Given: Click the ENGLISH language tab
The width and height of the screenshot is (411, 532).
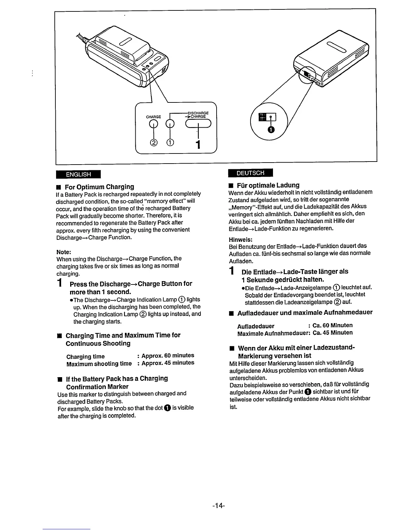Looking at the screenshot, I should (78, 174).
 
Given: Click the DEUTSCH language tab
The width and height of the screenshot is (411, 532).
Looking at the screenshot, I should (250, 173).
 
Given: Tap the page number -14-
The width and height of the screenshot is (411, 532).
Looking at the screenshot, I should (218, 505).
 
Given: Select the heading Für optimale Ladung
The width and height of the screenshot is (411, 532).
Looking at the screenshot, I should (268, 185).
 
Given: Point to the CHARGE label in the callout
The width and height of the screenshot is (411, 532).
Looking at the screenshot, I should (153, 117).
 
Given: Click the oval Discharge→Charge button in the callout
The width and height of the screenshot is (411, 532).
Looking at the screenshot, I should (198, 124).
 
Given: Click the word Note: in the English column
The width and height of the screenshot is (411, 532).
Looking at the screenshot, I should (64, 252).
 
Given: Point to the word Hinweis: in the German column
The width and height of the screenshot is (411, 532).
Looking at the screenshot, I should (240, 239).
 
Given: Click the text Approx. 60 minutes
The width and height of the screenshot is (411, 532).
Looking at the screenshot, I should (168, 355).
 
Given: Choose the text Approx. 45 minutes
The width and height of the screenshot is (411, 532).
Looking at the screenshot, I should (168, 363).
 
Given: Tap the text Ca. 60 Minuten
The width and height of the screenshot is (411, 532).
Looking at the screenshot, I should (332, 325).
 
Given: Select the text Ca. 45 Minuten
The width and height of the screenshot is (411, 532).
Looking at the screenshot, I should (332, 333).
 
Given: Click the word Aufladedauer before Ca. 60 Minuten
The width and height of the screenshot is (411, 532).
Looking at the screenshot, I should (256, 326).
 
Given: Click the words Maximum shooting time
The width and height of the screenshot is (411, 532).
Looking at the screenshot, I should (99, 364).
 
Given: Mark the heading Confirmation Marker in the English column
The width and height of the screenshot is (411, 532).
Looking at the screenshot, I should (97, 387).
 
